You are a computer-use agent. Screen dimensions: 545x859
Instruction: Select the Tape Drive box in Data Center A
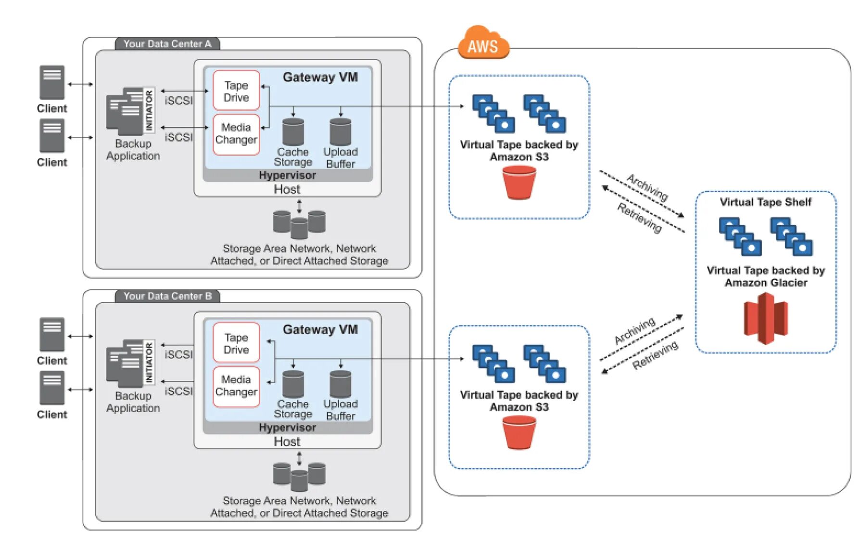pyautogui.click(x=236, y=91)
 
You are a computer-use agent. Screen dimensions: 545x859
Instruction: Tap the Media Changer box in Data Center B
pyautogui.click(x=236, y=386)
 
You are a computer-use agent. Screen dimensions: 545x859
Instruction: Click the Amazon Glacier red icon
pyautogui.click(x=766, y=318)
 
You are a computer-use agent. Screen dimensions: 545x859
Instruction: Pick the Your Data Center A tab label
pyautogui.click(x=167, y=44)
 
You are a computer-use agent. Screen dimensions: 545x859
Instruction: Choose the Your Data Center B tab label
pyautogui.click(x=167, y=296)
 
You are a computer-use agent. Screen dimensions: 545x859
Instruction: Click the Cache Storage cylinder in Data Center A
pyautogui.click(x=293, y=131)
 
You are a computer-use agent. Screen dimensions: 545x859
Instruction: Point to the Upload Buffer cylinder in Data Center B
pyautogui.click(x=341, y=384)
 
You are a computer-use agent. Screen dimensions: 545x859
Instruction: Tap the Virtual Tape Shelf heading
pyautogui.click(x=765, y=202)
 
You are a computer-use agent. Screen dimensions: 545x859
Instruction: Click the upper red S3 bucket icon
pyautogui.click(x=519, y=182)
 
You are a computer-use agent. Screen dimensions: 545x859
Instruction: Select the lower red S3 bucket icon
pyautogui.click(x=519, y=432)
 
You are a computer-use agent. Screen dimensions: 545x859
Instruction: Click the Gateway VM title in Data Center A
pyautogui.click(x=320, y=78)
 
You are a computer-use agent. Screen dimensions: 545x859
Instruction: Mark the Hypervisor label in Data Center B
pyautogui.click(x=287, y=428)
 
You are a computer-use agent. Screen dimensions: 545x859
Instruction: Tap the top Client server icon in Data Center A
pyautogui.click(x=52, y=82)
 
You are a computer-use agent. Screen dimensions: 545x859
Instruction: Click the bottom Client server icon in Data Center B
pyautogui.click(x=52, y=388)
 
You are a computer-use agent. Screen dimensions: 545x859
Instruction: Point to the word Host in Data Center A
pyautogui.click(x=287, y=190)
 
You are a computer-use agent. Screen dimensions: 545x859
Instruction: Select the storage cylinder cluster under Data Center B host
pyautogui.click(x=299, y=476)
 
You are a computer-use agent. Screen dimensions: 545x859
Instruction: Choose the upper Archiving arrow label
pyautogui.click(x=647, y=187)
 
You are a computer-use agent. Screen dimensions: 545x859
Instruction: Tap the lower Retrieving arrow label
pyautogui.click(x=655, y=355)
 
